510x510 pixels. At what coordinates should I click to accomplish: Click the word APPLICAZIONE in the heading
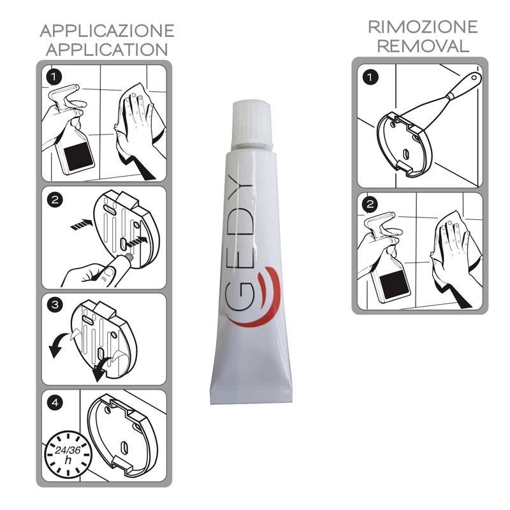tap(107, 31)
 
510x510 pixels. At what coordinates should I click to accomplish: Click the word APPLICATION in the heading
tap(107, 50)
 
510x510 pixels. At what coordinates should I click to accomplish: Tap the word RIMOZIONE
tap(423, 27)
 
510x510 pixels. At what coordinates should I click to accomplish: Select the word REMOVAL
tap(423, 46)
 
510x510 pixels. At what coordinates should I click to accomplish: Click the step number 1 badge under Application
tap(54, 77)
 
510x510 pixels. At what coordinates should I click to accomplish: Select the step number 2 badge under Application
tap(55, 200)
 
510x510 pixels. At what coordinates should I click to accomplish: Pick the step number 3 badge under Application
tap(55, 305)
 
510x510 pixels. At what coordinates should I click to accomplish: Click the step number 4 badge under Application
tap(55, 403)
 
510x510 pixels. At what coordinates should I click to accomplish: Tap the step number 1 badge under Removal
tap(370, 78)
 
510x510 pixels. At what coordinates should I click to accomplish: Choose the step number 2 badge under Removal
tap(370, 205)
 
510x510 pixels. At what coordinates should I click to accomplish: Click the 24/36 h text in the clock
tap(68, 455)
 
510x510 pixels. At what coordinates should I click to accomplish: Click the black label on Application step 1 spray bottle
tap(78, 157)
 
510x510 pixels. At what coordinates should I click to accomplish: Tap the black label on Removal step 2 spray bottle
tap(393, 284)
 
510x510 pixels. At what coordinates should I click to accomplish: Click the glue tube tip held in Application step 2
tap(129, 257)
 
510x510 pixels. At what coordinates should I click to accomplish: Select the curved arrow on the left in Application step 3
tap(60, 345)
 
